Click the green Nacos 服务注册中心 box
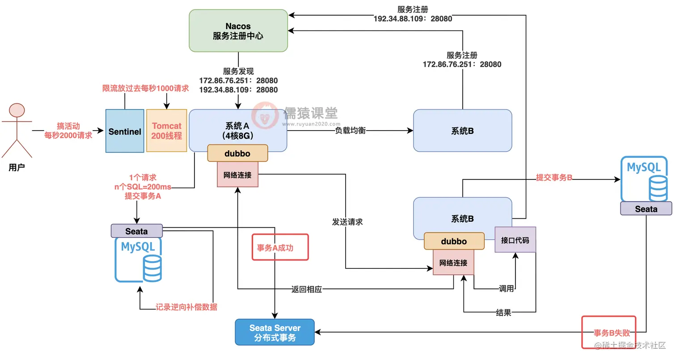click(x=238, y=31)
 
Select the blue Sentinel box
click(x=125, y=131)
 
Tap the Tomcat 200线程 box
click(x=167, y=131)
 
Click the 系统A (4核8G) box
click(x=238, y=131)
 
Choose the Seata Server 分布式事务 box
click(x=275, y=332)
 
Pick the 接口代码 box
click(x=515, y=240)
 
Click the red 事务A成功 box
click(x=280, y=247)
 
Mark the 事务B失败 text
click(x=612, y=333)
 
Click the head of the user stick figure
click(x=17, y=110)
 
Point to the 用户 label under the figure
click(x=17, y=167)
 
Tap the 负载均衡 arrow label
click(x=351, y=131)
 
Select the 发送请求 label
click(x=347, y=222)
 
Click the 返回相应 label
click(x=307, y=289)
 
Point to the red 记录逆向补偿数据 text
click(x=186, y=307)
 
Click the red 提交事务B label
click(x=554, y=178)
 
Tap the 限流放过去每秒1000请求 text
click(x=145, y=89)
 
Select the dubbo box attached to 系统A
click(x=237, y=153)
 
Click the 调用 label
click(x=506, y=289)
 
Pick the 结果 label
click(x=503, y=313)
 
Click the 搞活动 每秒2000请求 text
click(x=68, y=131)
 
